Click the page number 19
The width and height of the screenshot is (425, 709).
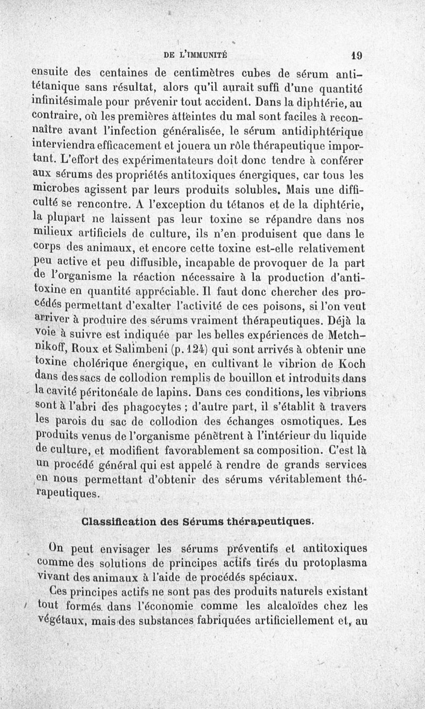tap(356, 54)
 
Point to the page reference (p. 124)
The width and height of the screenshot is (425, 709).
tap(167, 350)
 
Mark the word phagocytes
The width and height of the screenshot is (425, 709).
tap(176, 408)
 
